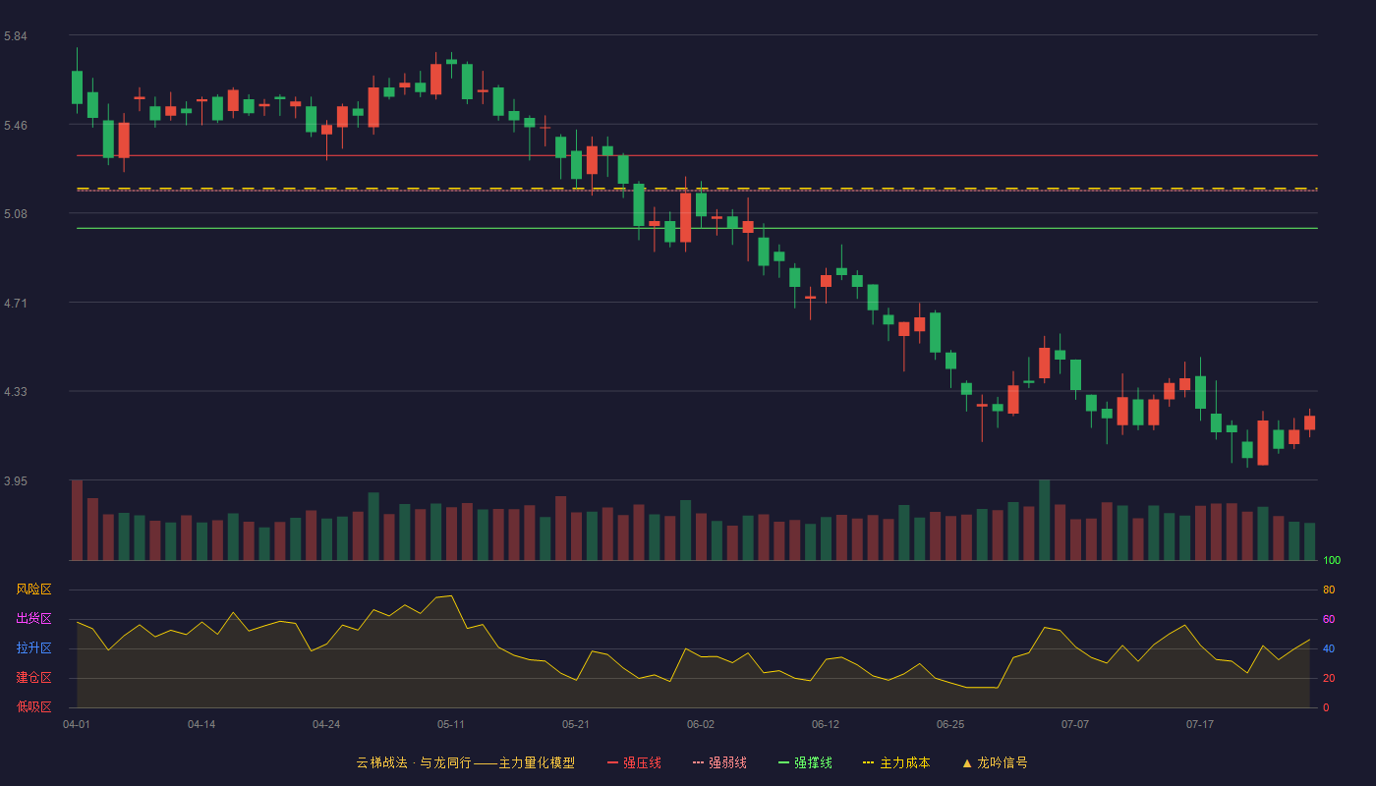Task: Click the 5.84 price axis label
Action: pos(16,36)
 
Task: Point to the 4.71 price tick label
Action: pos(16,304)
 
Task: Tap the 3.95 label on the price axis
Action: pos(16,481)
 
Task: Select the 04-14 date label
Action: pos(201,725)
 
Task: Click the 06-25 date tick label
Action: pos(950,725)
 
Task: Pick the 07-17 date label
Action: pos(1200,725)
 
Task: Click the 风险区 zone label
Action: pos(33,589)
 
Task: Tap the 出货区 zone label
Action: pos(33,619)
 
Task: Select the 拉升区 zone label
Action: pos(33,648)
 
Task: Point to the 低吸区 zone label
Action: pos(33,707)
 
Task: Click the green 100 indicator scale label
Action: pos(1332,561)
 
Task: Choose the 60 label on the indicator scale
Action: pos(1329,620)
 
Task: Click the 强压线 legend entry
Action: pos(634,763)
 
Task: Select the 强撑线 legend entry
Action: pos(805,763)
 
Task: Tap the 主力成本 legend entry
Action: pos(896,763)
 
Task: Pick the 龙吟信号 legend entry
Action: pos(995,763)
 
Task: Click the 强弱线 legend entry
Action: pos(719,763)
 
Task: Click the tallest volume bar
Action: pos(1044,520)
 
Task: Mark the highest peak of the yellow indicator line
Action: pos(451,595)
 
